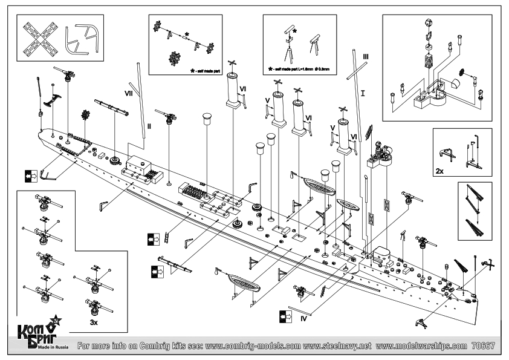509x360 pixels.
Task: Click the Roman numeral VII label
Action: click(129, 94)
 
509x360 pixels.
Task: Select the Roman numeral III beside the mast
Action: click(365, 56)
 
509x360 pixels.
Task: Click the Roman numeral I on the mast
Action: click(363, 94)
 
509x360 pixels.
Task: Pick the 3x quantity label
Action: click(94, 322)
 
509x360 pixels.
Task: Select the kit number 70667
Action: click(483, 347)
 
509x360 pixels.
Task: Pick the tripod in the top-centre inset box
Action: click(289, 49)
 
